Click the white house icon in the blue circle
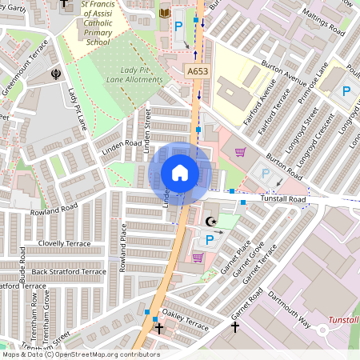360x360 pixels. pos(180,173)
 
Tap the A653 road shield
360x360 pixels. pos(198,72)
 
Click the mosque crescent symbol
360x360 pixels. pos(211,221)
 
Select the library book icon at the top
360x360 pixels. pos(165,13)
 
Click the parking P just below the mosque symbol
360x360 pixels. pos(210,239)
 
